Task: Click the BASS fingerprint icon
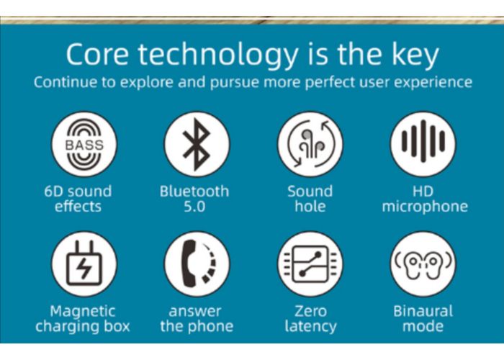point(84,144)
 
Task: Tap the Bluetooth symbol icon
point(197,144)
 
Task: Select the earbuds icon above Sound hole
point(310,144)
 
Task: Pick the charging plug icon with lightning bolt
point(84,264)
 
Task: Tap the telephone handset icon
point(197,264)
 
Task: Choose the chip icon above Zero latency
point(310,264)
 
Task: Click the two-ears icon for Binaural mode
point(423,264)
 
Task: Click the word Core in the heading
point(97,54)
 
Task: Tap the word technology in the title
point(218,55)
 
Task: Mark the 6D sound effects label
point(78,199)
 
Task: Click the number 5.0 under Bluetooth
point(194,207)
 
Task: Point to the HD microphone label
point(425,199)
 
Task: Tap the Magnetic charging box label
point(83,319)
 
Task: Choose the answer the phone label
point(197,319)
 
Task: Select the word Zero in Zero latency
point(310,311)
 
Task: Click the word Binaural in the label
point(423,311)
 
